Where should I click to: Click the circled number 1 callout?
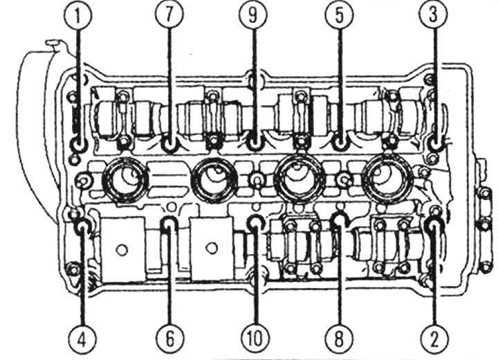(77, 16)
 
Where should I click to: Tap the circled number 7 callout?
(169, 16)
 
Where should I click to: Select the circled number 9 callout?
(253, 16)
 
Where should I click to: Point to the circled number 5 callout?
(339, 16)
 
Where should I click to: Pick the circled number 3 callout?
(433, 16)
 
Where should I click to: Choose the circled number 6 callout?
(170, 339)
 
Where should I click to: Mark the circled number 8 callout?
(339, 339)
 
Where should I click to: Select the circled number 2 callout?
(434, 339)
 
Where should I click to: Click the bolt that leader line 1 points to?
(77, 145)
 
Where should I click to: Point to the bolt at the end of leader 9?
(255, 143)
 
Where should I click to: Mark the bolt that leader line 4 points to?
(82, 226)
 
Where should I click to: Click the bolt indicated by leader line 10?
(256, 224)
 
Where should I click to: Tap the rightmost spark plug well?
(389, 180)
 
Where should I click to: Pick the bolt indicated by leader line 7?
(169, 145)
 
